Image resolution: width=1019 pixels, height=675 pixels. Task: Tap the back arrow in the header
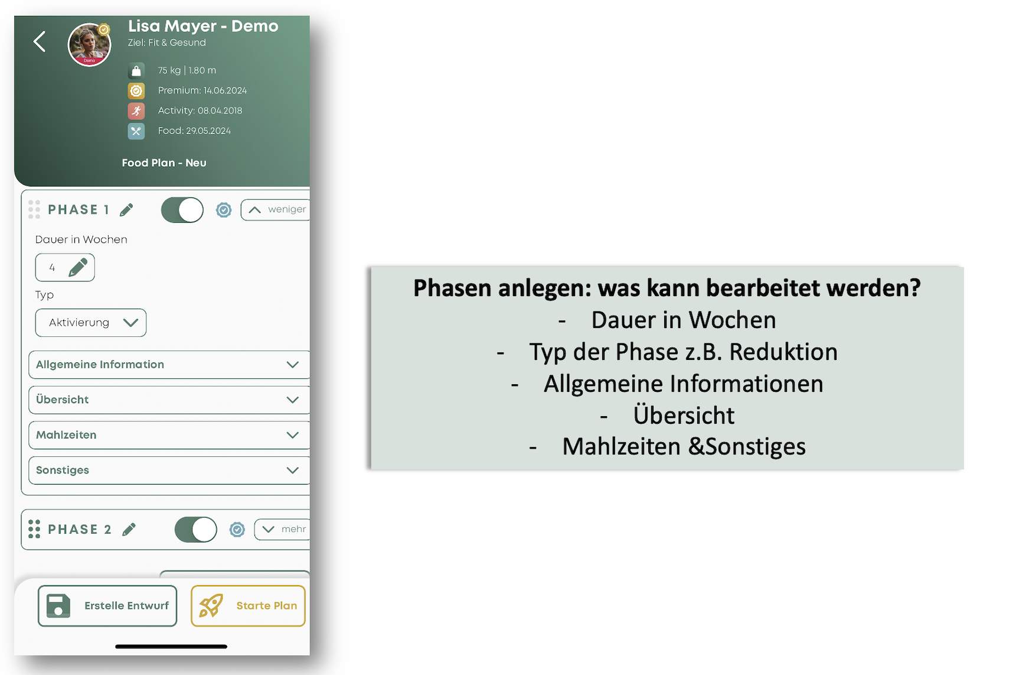point(40,41)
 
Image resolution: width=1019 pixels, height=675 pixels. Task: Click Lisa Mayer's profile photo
point(90,45)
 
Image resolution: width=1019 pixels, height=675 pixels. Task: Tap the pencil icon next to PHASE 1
point(126,210)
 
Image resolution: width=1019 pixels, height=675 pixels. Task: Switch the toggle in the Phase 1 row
point(182,210)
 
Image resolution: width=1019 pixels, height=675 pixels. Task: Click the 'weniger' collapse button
point(276,209)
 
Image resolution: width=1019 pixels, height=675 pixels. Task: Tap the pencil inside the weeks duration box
point(78,267)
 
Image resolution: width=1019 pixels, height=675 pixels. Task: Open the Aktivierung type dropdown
point(91,323)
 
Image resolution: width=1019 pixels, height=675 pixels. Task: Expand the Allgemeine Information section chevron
point(292,365)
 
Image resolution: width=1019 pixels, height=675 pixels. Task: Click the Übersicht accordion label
point(62,400)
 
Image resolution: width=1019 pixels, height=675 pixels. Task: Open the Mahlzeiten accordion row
point(169,435)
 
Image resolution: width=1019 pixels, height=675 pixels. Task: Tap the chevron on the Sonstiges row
point(292,470)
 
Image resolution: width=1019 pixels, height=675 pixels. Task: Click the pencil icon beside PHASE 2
point(129,530)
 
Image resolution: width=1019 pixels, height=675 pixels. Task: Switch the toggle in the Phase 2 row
point(196,530)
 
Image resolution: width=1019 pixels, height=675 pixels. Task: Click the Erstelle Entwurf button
point(107,606)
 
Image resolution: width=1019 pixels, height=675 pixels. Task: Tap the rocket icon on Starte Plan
point(211,606)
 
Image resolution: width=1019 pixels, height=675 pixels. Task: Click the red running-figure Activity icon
point(136,111)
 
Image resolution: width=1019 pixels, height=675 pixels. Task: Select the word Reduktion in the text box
point(783,352)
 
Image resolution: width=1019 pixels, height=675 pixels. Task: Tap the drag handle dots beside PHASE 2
point(34,529)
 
